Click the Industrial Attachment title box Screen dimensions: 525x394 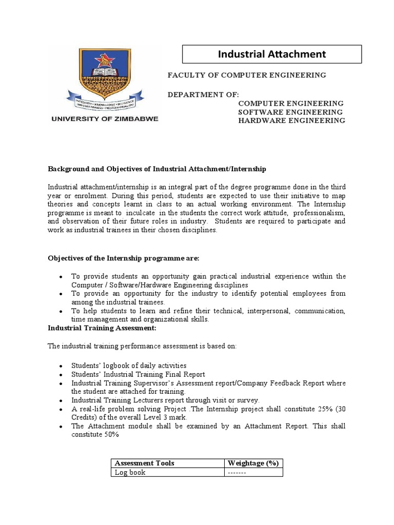(x=272, y=54)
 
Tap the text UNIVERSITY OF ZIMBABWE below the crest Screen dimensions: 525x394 (x=104, y=118)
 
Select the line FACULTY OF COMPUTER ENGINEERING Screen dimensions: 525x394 (x=247, y=75)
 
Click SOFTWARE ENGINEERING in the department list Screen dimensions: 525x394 (x=290, y=112)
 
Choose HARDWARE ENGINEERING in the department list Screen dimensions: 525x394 (x=291, y=120)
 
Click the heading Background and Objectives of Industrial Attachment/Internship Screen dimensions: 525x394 (x=157, y=169)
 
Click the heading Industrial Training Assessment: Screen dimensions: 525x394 (x=102, y=328)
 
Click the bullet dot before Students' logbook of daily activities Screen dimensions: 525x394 (x=61, y=366)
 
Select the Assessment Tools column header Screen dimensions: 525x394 (x=144, y=463)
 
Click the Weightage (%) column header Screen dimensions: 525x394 (x=253, y=463)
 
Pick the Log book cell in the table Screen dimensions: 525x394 (x=130, y=472)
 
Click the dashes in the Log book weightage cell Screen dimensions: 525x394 (x=238, y=472)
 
